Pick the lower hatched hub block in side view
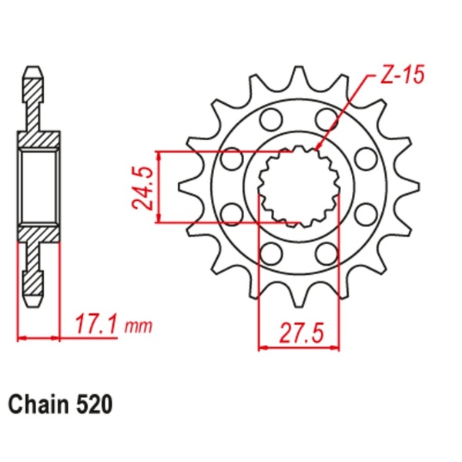(x=38, y=232)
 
